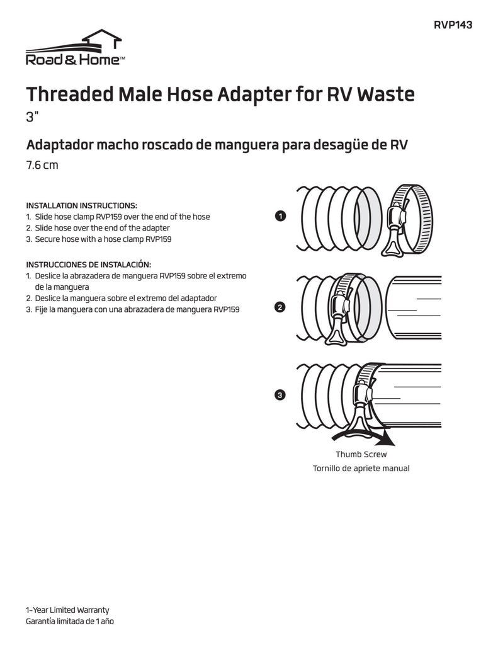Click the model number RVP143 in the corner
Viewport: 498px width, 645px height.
[x=453, y=25]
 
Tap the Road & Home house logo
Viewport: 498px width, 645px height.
[x=76, y=47]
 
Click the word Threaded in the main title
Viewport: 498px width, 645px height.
[x=70, y=94]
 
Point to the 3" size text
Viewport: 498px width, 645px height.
[x=32, y=117]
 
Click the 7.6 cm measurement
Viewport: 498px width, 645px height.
[x=42, y=166]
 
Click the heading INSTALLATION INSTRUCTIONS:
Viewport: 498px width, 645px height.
[x=81, y=206]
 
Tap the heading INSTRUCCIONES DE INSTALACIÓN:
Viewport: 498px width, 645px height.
[x=88, y=265]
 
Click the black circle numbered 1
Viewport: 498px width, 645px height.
[x=280, y=216]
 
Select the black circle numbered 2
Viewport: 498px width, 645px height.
[x=280, y=307]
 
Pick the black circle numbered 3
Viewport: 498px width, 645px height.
[x=280, y=395]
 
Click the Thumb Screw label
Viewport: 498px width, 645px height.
[x=361, y=455]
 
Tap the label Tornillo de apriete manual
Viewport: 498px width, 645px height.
[x=361, y=469]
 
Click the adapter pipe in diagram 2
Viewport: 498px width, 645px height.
[x=414, y=307]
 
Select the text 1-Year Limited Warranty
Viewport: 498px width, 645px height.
[x=67, y=610]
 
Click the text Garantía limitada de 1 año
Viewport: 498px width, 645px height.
[x=70, y=621]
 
